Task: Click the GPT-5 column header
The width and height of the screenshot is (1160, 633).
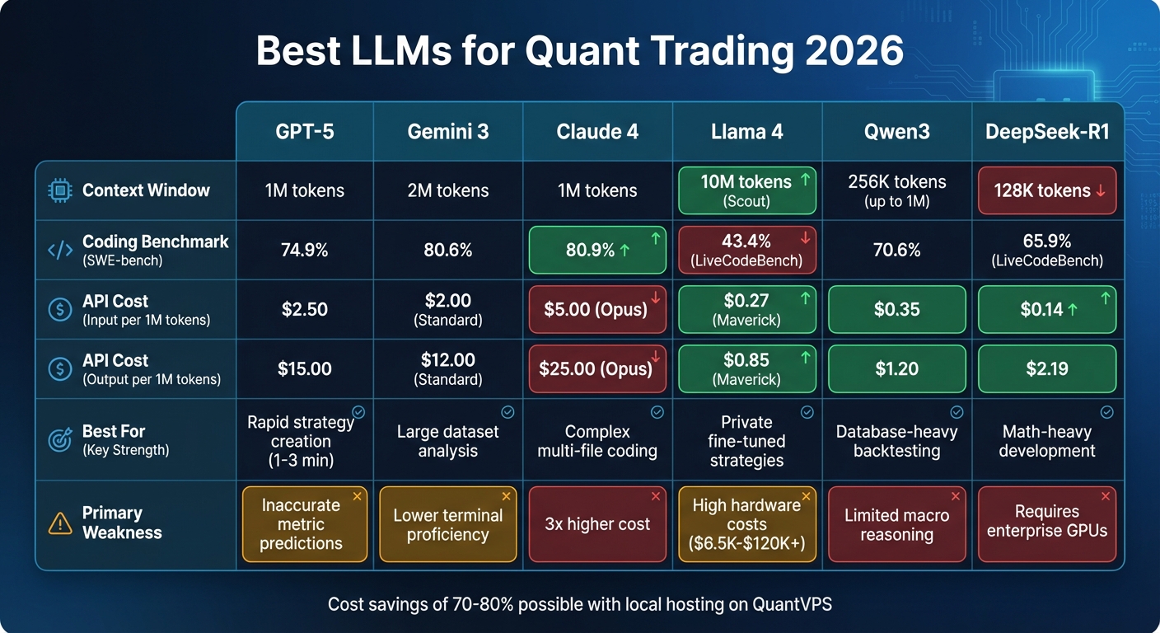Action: point(304,132)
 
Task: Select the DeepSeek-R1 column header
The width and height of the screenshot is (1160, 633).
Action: point(1047,132)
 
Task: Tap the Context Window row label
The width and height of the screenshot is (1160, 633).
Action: point(146,190)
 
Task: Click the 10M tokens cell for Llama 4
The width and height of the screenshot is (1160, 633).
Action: point(746,190)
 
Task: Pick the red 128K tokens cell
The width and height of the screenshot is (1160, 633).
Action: point(1047,190)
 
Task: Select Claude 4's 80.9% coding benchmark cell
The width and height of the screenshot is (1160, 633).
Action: point(597,250)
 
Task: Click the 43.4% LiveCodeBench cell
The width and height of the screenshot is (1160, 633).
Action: point(746,250)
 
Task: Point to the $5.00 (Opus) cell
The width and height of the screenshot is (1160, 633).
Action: point(597,309)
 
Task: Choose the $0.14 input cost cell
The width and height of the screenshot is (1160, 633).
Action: point(1047,309)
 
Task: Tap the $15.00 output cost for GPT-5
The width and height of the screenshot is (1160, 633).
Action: point(304,369)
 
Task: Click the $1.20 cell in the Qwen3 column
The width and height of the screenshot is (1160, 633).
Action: point(896,369)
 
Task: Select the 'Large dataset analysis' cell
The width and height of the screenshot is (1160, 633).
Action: point(447,441)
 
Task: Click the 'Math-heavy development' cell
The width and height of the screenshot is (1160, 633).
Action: point(1047,441)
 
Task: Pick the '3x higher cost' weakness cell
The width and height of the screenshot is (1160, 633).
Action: point(597,524)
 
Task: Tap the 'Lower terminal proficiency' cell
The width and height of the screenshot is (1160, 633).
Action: point(447,524)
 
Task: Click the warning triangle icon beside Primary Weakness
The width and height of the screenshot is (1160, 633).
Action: point(60,523)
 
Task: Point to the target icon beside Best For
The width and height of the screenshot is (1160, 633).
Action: point(60,440)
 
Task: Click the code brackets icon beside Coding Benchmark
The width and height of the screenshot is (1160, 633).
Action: point(60,250)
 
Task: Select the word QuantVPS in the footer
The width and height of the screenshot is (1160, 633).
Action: point(792,604)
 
